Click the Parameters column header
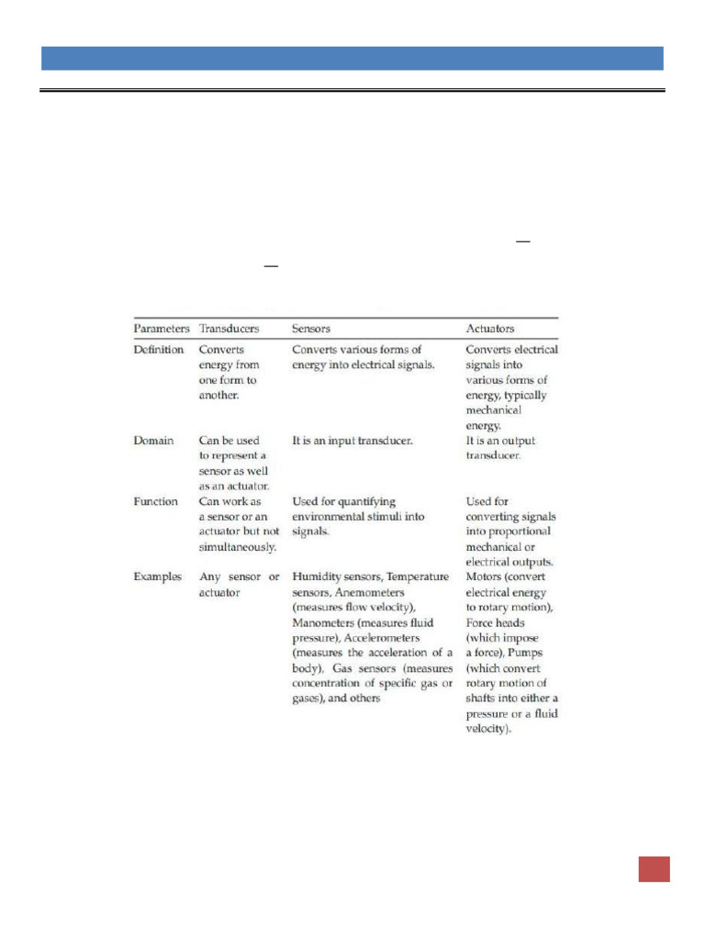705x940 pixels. click(162, 328)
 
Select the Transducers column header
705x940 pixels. click(229, 328)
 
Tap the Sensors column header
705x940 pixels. click(311, 328)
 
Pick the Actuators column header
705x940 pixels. click(490, 328)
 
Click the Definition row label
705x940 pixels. click(159, 350)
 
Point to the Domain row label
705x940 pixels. click(153, 441)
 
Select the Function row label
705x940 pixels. click(156, 502)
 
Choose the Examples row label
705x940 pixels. click(159, 577)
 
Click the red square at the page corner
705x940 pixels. click(655, 868)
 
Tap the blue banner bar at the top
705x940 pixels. click(352, 58)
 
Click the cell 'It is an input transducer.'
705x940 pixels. click(352, 441)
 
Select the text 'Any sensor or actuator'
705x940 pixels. click(240, 585)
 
